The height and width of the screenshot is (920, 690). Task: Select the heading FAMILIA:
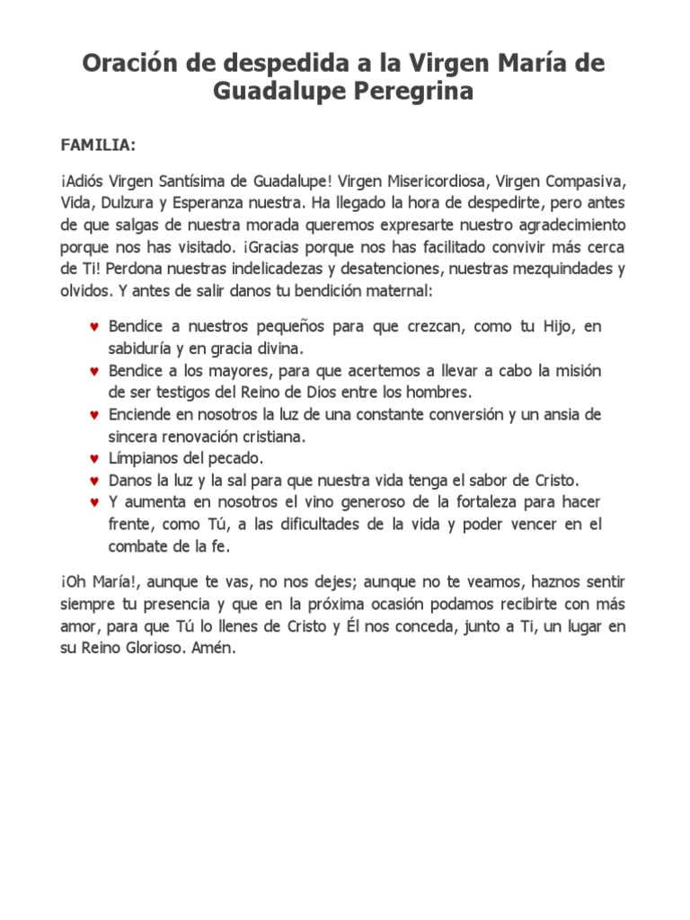[99, 144]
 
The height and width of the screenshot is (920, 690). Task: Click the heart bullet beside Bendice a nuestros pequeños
[93, 326]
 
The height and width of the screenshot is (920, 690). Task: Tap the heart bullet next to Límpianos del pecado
[93, 458]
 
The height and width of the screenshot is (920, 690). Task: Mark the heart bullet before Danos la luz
[93, 481]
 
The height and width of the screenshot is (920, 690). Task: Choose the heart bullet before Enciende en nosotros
[93, 415]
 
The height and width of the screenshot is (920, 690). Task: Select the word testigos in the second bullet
[188, 393]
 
